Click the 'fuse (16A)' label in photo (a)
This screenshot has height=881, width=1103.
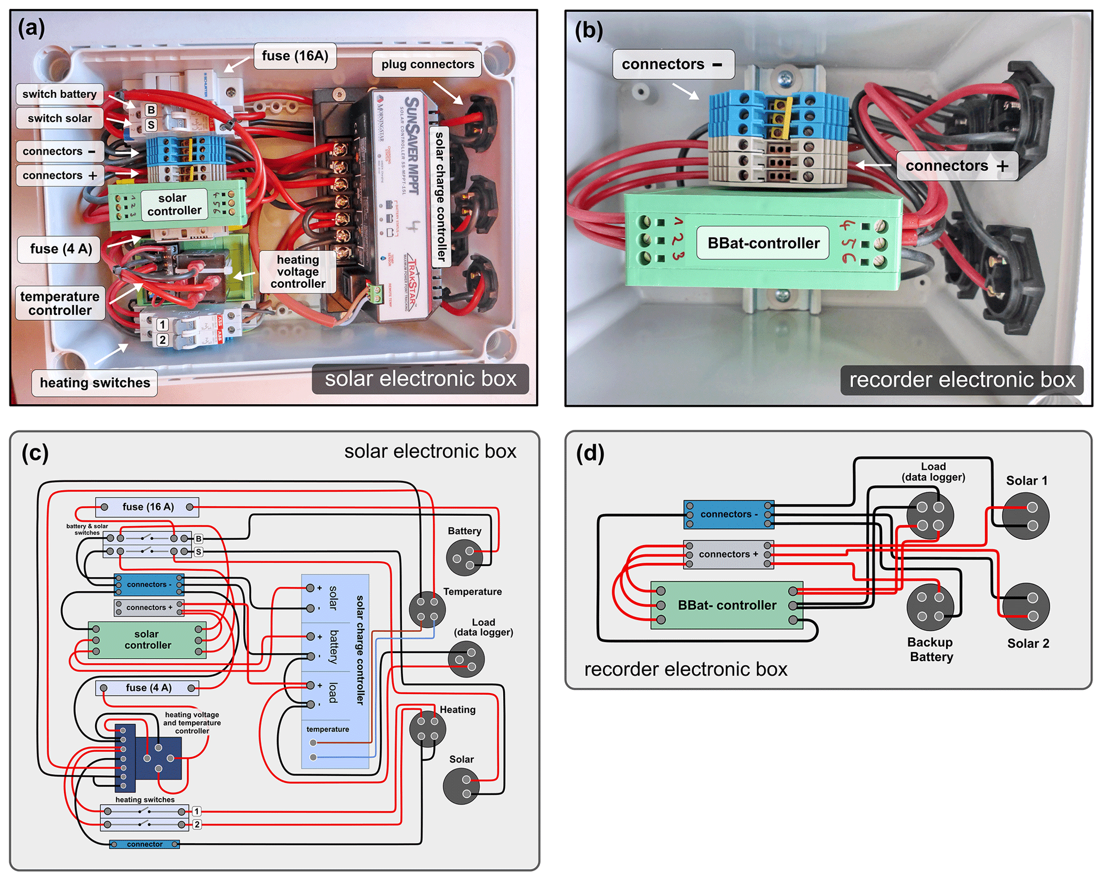pos(295,56)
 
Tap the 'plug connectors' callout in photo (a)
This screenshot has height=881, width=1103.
pos(427,65)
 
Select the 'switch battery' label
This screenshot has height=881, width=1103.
pos(59,95)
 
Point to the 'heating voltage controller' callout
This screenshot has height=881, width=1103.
pos(298,272)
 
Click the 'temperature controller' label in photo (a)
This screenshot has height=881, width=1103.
pos(60,303)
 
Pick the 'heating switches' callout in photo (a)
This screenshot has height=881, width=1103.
pos(95,383)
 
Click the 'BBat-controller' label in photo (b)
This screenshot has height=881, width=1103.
pos(763,243)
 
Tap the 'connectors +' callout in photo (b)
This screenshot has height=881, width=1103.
pos(957,166)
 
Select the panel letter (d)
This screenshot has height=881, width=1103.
pos(590,453)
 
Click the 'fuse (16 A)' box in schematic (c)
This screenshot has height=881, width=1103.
pos(147,507)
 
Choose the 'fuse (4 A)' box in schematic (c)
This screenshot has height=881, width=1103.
pos(147,688)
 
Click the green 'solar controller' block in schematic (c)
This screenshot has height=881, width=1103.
pos(147,640)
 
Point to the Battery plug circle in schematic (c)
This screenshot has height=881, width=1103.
pos(464,557)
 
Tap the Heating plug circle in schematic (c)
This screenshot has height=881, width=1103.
pos(427,729)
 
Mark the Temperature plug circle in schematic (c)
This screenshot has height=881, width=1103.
pos(427,609)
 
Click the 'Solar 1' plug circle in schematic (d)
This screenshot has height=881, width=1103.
pos(1026,515)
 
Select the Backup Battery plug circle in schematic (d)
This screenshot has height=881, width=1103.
pos(930,607)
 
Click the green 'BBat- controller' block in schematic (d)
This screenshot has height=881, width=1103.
pos(727,605)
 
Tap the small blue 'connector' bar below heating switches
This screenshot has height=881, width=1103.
pos(145,844)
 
